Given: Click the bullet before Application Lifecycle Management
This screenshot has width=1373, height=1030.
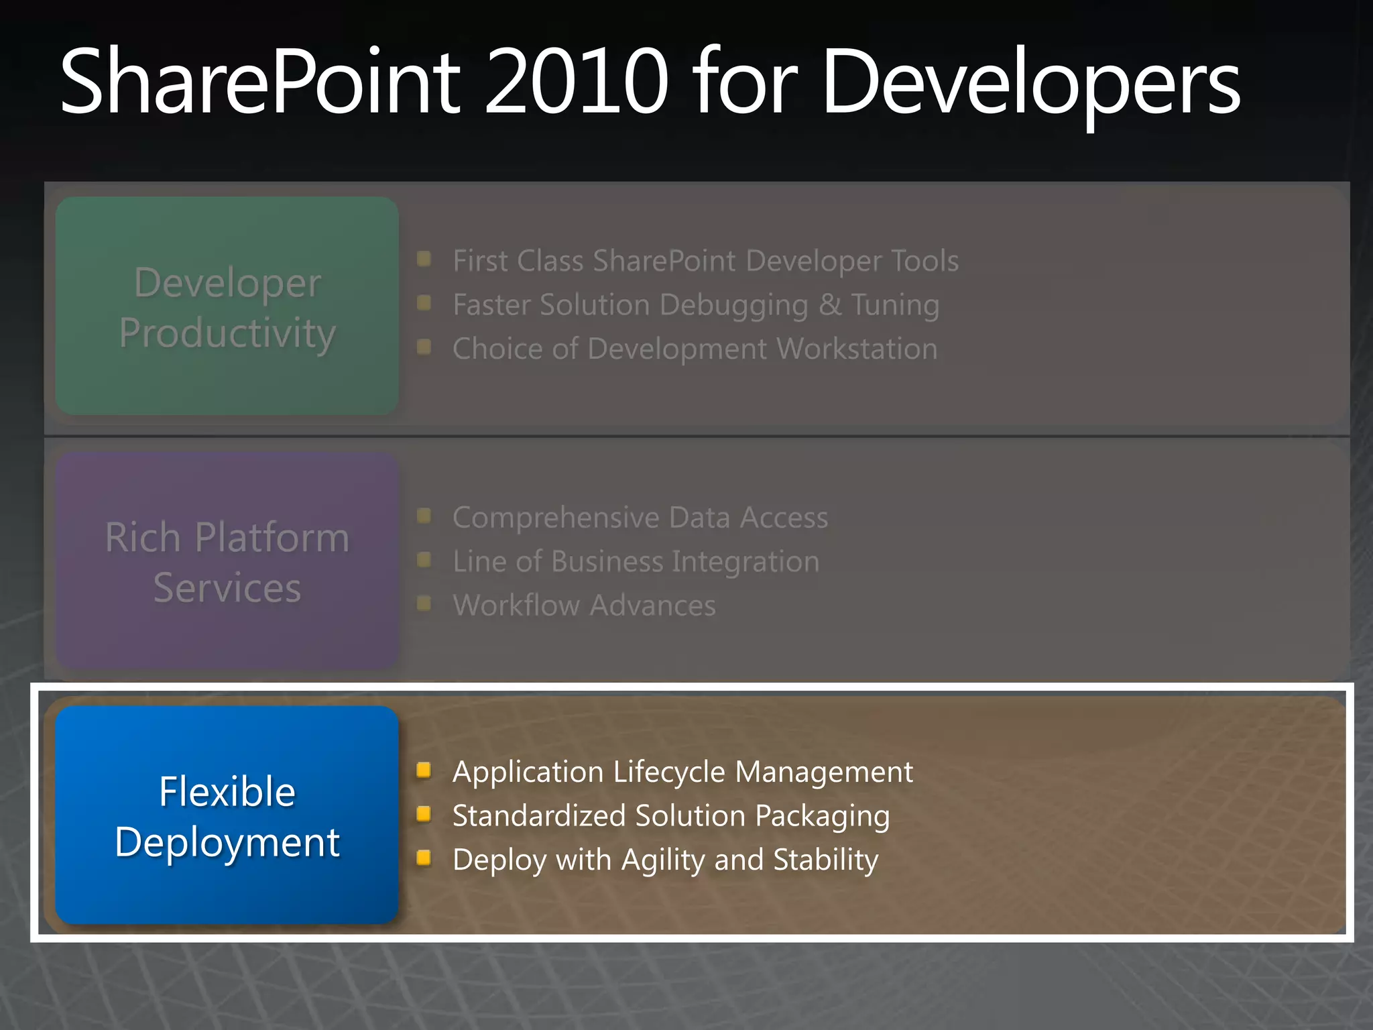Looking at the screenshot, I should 424,770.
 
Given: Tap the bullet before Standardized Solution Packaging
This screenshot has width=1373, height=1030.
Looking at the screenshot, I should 424,814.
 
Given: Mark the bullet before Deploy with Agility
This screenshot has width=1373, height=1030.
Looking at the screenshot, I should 424,858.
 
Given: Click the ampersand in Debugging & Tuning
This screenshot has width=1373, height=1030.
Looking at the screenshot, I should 830,305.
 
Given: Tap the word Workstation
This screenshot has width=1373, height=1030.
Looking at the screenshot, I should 857,349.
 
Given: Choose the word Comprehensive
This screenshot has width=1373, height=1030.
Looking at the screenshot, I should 556,518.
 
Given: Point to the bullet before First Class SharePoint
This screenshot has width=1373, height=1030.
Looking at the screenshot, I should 424,259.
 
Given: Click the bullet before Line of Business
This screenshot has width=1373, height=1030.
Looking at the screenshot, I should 424,560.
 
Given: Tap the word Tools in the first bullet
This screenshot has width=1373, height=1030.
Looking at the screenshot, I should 924,261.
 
